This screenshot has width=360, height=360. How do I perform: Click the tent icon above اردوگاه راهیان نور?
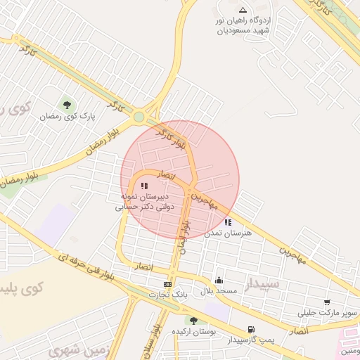point(243,10)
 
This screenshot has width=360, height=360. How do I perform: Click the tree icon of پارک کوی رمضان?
point(67,105)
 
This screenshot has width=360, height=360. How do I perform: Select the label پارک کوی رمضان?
point(67,116)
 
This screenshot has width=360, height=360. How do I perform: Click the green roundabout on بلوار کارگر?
point(140,117)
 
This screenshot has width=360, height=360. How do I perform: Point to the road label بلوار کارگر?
point(172,139)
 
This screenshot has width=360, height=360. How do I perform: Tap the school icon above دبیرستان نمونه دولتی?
point(144,186)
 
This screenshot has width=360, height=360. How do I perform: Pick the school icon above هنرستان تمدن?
point(227,222)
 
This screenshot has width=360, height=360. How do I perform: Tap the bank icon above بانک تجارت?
point(167,284)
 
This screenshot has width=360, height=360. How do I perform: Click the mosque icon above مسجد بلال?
point(219,280)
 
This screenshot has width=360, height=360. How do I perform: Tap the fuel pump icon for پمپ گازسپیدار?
point(251,329)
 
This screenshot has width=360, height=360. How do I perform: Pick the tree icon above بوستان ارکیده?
point(194,321)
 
